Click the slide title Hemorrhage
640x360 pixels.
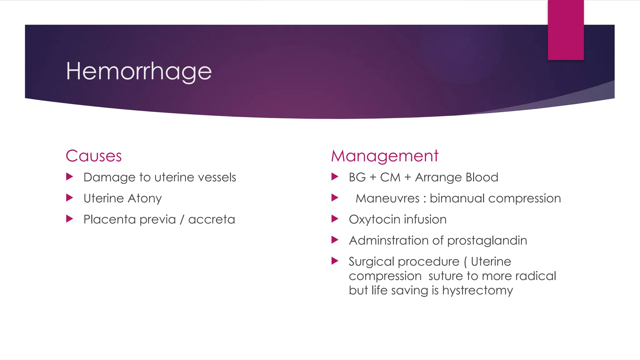139,71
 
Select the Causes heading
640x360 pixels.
93,156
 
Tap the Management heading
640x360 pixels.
385,156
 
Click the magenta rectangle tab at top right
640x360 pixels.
566,30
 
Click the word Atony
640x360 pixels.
145,198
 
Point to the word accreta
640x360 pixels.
212,219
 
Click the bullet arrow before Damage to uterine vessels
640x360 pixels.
70,177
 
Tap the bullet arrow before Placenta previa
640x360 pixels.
70,219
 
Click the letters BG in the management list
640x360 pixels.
357,177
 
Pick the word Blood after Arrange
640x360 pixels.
482,177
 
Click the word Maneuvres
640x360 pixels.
387,198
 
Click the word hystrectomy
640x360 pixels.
477,291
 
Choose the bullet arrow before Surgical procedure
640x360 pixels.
335,261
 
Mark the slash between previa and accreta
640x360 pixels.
182,219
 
